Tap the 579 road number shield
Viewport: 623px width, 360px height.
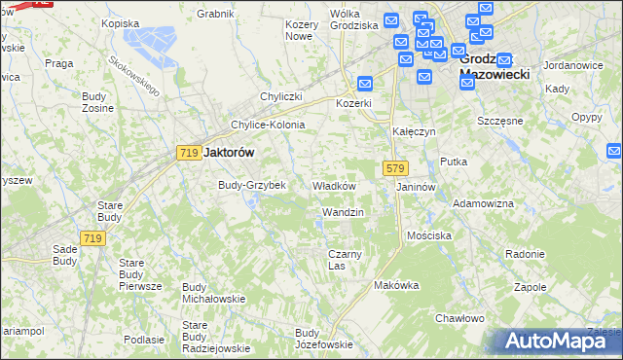(x=394, y=168)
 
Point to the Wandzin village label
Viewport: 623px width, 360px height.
(x=343, y=212)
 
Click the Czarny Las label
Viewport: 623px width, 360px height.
(x=345, y=260)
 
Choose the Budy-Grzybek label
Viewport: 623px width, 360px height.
(x=251, y=185)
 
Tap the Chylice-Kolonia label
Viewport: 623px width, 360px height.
(x=268, y=126)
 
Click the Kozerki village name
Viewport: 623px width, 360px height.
(x=354, y=103)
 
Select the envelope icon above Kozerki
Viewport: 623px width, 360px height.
(x=365, y=84)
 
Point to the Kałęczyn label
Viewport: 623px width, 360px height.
(x=414, y=130)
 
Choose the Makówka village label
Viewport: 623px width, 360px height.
(x=396, y=286)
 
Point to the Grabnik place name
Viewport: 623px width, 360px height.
(x=215, y=15)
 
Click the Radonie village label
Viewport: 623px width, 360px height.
(x=525, y=254)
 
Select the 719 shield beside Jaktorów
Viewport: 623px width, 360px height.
(x=189, y=153)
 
